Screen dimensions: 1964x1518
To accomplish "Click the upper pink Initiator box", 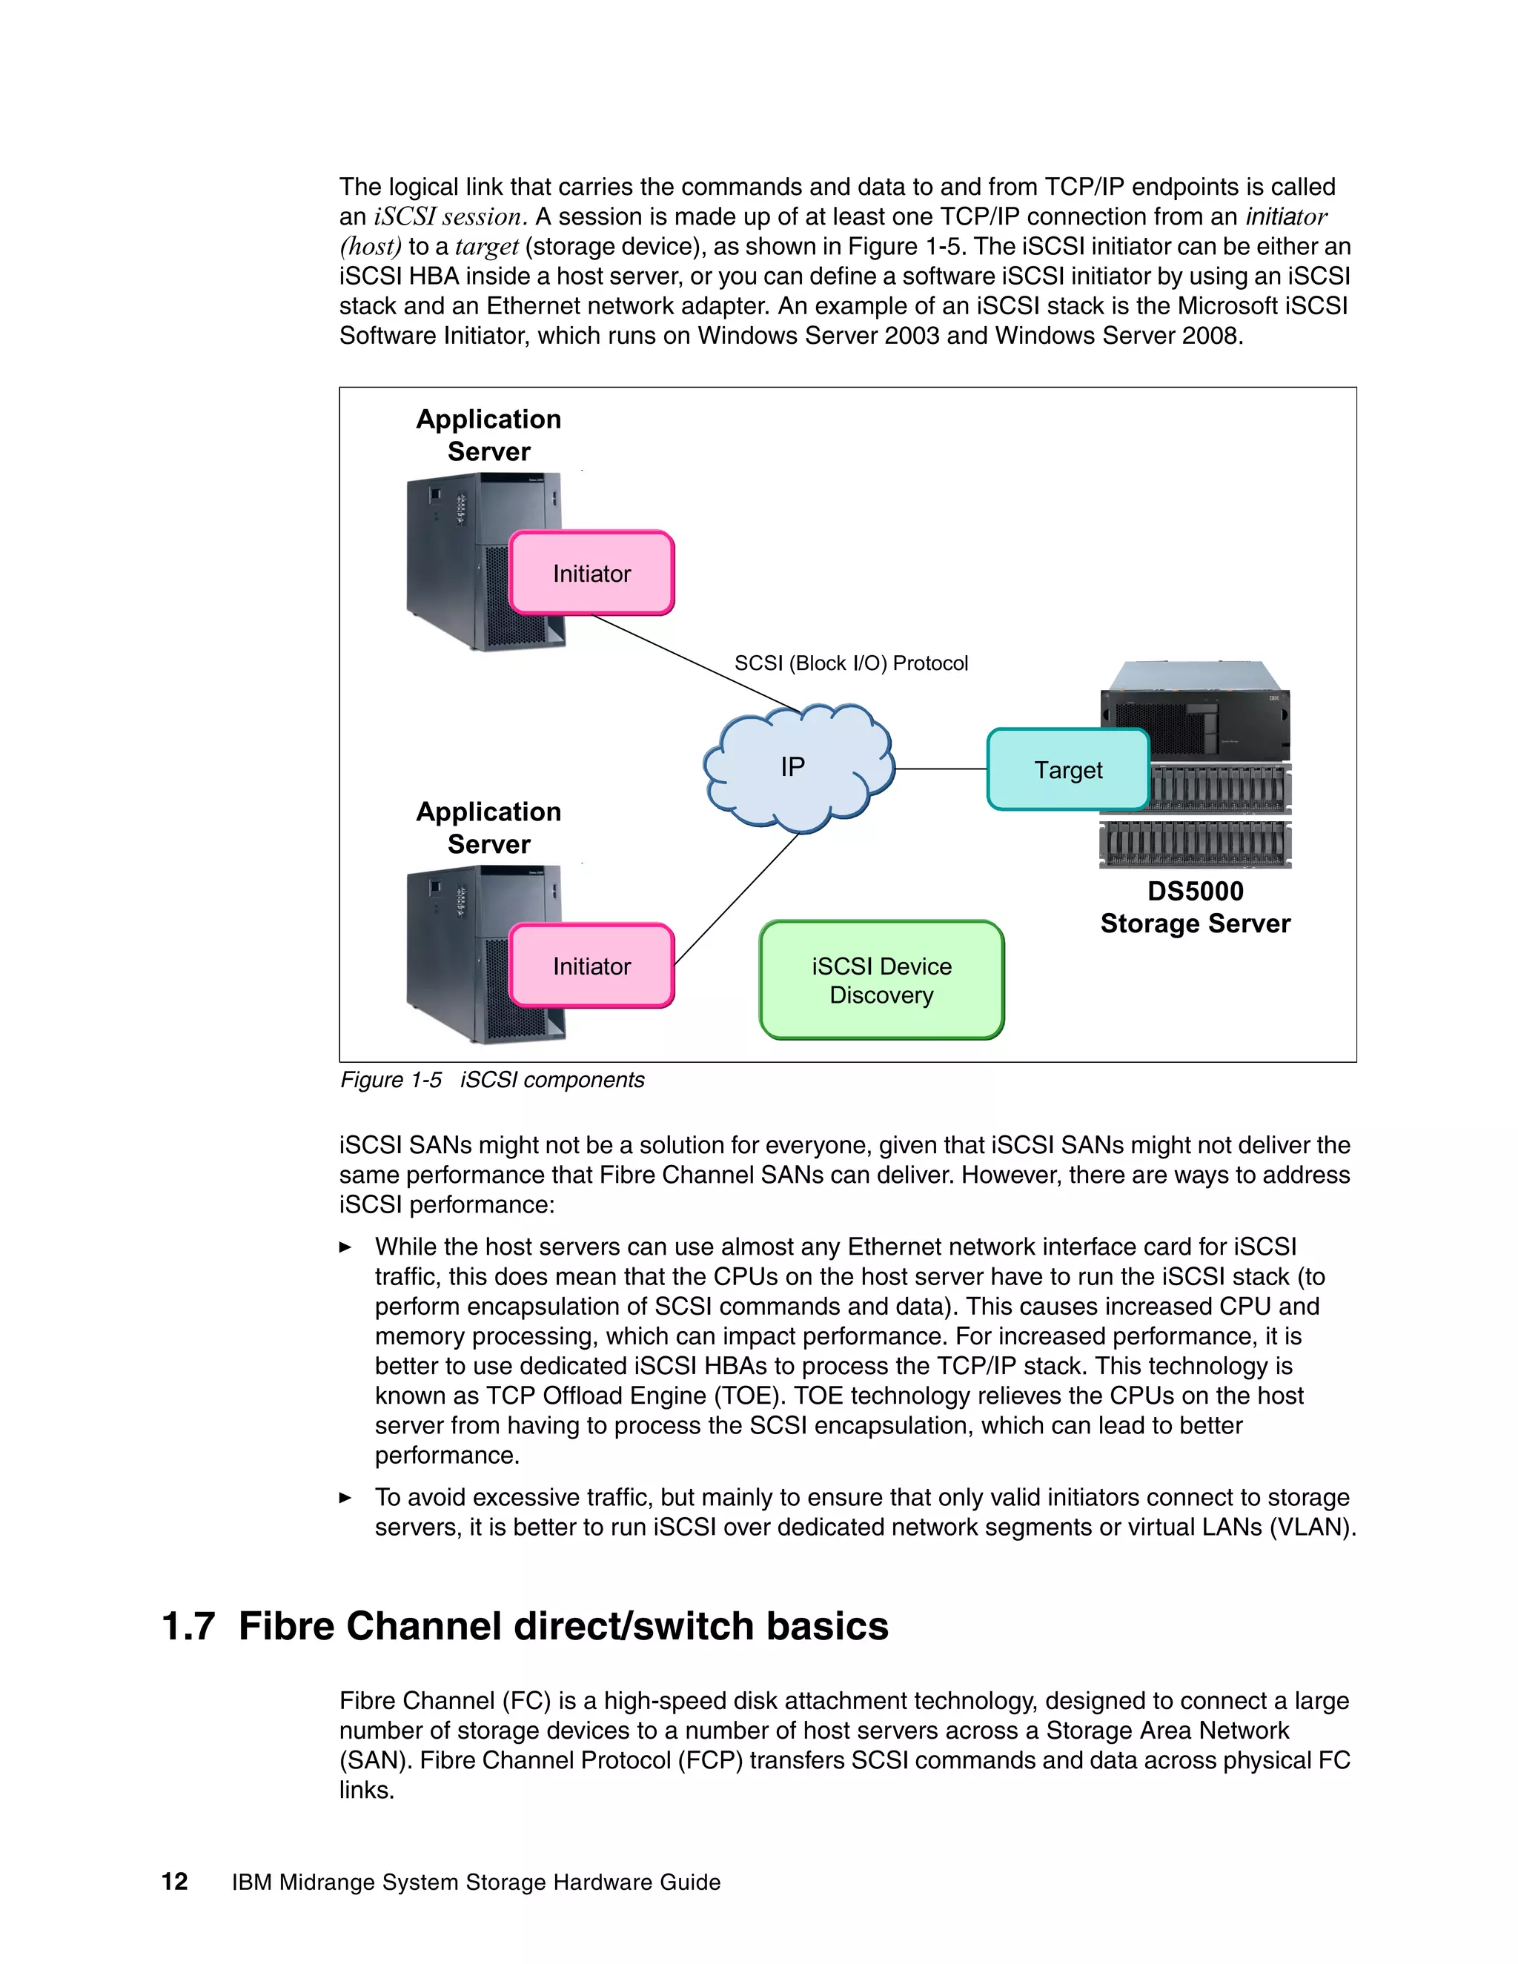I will click(x=591, y=573).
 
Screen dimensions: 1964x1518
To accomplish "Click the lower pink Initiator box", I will click(x=591, y=966).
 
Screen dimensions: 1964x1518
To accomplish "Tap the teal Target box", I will click(x=1067, y=770).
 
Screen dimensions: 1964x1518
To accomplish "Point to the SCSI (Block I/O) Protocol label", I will click(x=851, y=663).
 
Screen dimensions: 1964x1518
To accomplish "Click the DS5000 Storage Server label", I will click(x=1194, y=907).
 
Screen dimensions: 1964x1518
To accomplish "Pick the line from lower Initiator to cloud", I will click(x=735, y=899).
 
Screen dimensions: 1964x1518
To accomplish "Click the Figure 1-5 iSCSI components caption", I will click(x=492, y=1080).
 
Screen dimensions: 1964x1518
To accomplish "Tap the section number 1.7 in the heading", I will click(x=188, y=1627).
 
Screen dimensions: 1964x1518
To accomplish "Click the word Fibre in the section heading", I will click(x=287, y=1627).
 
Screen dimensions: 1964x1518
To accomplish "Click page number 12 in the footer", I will click(x=174, y=1882).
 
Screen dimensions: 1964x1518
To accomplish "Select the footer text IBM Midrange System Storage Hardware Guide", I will click(x=476, y=1882).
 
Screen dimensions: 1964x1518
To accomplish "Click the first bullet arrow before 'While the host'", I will click(x=345, y=1247).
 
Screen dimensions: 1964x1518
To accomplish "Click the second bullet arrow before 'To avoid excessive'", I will click(x=345, y=1498).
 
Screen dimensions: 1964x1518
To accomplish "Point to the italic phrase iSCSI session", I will click(x=448, y=216).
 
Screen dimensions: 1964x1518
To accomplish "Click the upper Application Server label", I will click(x=488, y=435).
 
